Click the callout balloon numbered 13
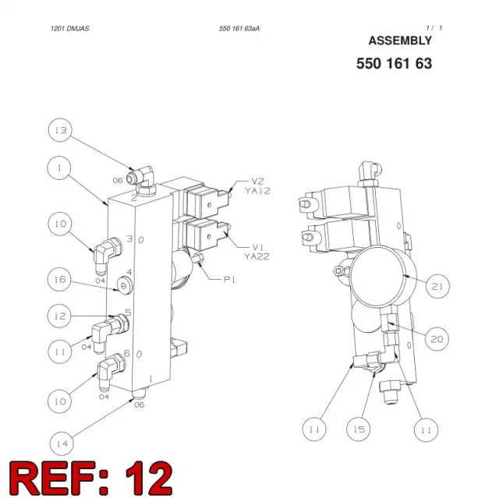pyautogui.click(x=60, y=130)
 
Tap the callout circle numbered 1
pyautogui.click(x=59, y=168)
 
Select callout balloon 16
pyautogui.click(x=59, y=280)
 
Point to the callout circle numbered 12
pyautogui.click(x=59, y=316)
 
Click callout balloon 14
pyautogui.click(x=62, y=443)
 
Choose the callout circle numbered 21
pyautogui.click(x=437, y=286)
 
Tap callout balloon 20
pyautogui.click(x=437, y=339)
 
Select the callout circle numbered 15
pyautogui.click(x=359, y=429)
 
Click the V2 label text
pyautogui.click(x=258, y=182)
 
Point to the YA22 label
pyautogui.click(x=257, y=256)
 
